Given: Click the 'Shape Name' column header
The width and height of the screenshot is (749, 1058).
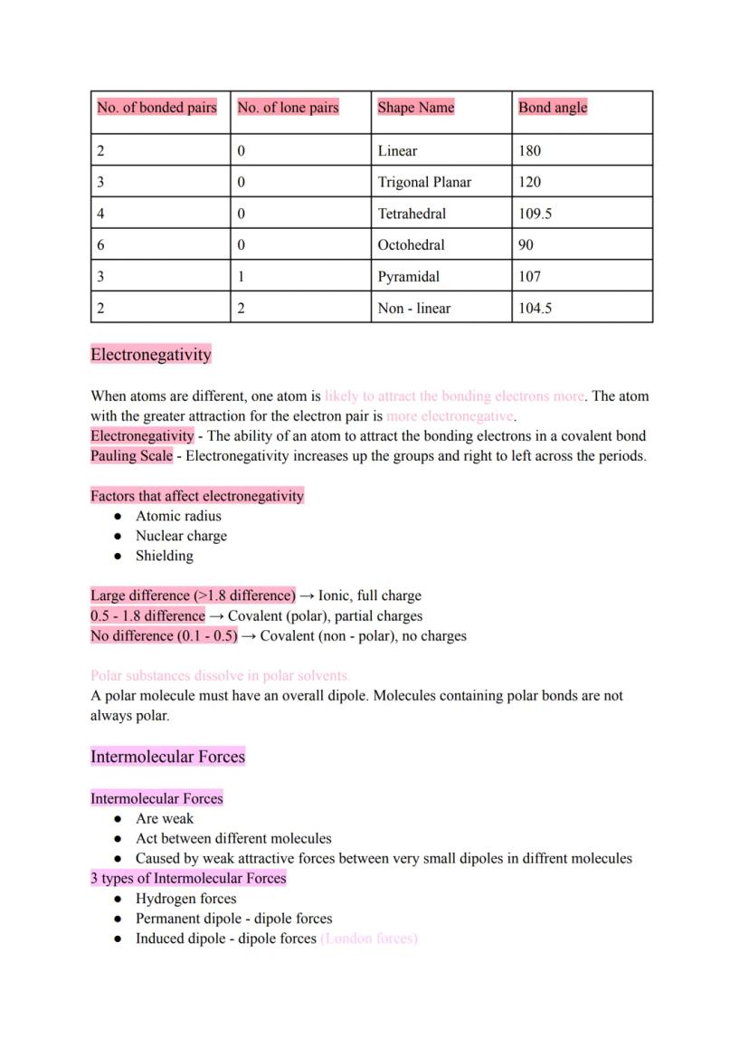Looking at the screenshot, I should pos(415,108).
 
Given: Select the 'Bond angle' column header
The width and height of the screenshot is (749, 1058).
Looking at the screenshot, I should pos(552,108).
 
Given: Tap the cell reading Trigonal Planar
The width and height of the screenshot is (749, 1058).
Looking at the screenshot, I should pos(424,182).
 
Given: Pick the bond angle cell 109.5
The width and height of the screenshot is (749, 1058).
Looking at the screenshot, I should pos(535,214).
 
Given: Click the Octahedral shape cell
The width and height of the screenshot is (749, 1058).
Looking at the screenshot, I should pos(411,245).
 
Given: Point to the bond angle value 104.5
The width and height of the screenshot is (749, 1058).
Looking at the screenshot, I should pos(535,308).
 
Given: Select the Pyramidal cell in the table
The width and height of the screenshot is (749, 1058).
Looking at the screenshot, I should pos(408,277).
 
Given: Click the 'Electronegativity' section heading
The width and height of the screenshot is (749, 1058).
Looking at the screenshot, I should pos(150,354).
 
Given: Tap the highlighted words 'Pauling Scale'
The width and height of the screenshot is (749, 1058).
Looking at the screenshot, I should pos(131,456).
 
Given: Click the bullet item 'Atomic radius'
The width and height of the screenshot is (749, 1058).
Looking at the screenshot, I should pos(178,516).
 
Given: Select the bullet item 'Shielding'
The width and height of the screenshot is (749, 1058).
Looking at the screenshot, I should pos(164,556).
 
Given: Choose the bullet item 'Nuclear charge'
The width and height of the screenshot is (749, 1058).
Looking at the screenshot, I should pos(181,536).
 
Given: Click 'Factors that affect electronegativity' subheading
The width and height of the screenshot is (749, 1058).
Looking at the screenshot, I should pos(197,496).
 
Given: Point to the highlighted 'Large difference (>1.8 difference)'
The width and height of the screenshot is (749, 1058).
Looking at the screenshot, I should pos(193,596).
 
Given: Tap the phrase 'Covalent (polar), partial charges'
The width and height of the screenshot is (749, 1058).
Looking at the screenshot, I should pos(325,615).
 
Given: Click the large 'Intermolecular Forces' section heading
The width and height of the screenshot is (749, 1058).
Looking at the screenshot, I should pos(167,757).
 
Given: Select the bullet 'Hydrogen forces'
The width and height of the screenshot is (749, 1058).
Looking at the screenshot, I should pos(185,899).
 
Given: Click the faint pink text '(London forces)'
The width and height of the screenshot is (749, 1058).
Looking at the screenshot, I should pos(369,939).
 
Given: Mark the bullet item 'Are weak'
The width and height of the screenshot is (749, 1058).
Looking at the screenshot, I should pos(164,818).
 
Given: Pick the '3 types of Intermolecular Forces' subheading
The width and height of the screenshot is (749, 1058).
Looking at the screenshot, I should pos(188,878).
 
